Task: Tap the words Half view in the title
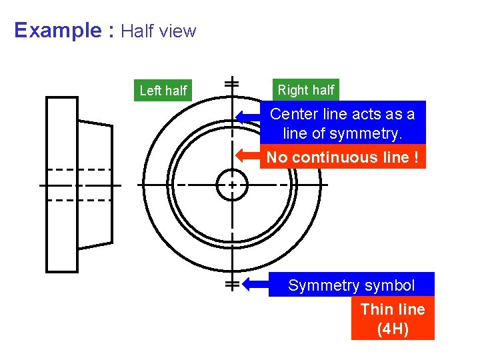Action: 159,31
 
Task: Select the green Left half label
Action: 163,91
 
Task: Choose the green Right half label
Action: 306,90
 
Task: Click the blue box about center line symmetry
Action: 342,123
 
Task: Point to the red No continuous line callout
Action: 343,157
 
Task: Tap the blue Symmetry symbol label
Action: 351,286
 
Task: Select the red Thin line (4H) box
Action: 393,319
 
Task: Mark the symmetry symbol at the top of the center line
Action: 232,83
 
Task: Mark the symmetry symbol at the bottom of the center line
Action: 232,285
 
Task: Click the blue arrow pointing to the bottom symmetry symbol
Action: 255,285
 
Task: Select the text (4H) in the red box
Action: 393,329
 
